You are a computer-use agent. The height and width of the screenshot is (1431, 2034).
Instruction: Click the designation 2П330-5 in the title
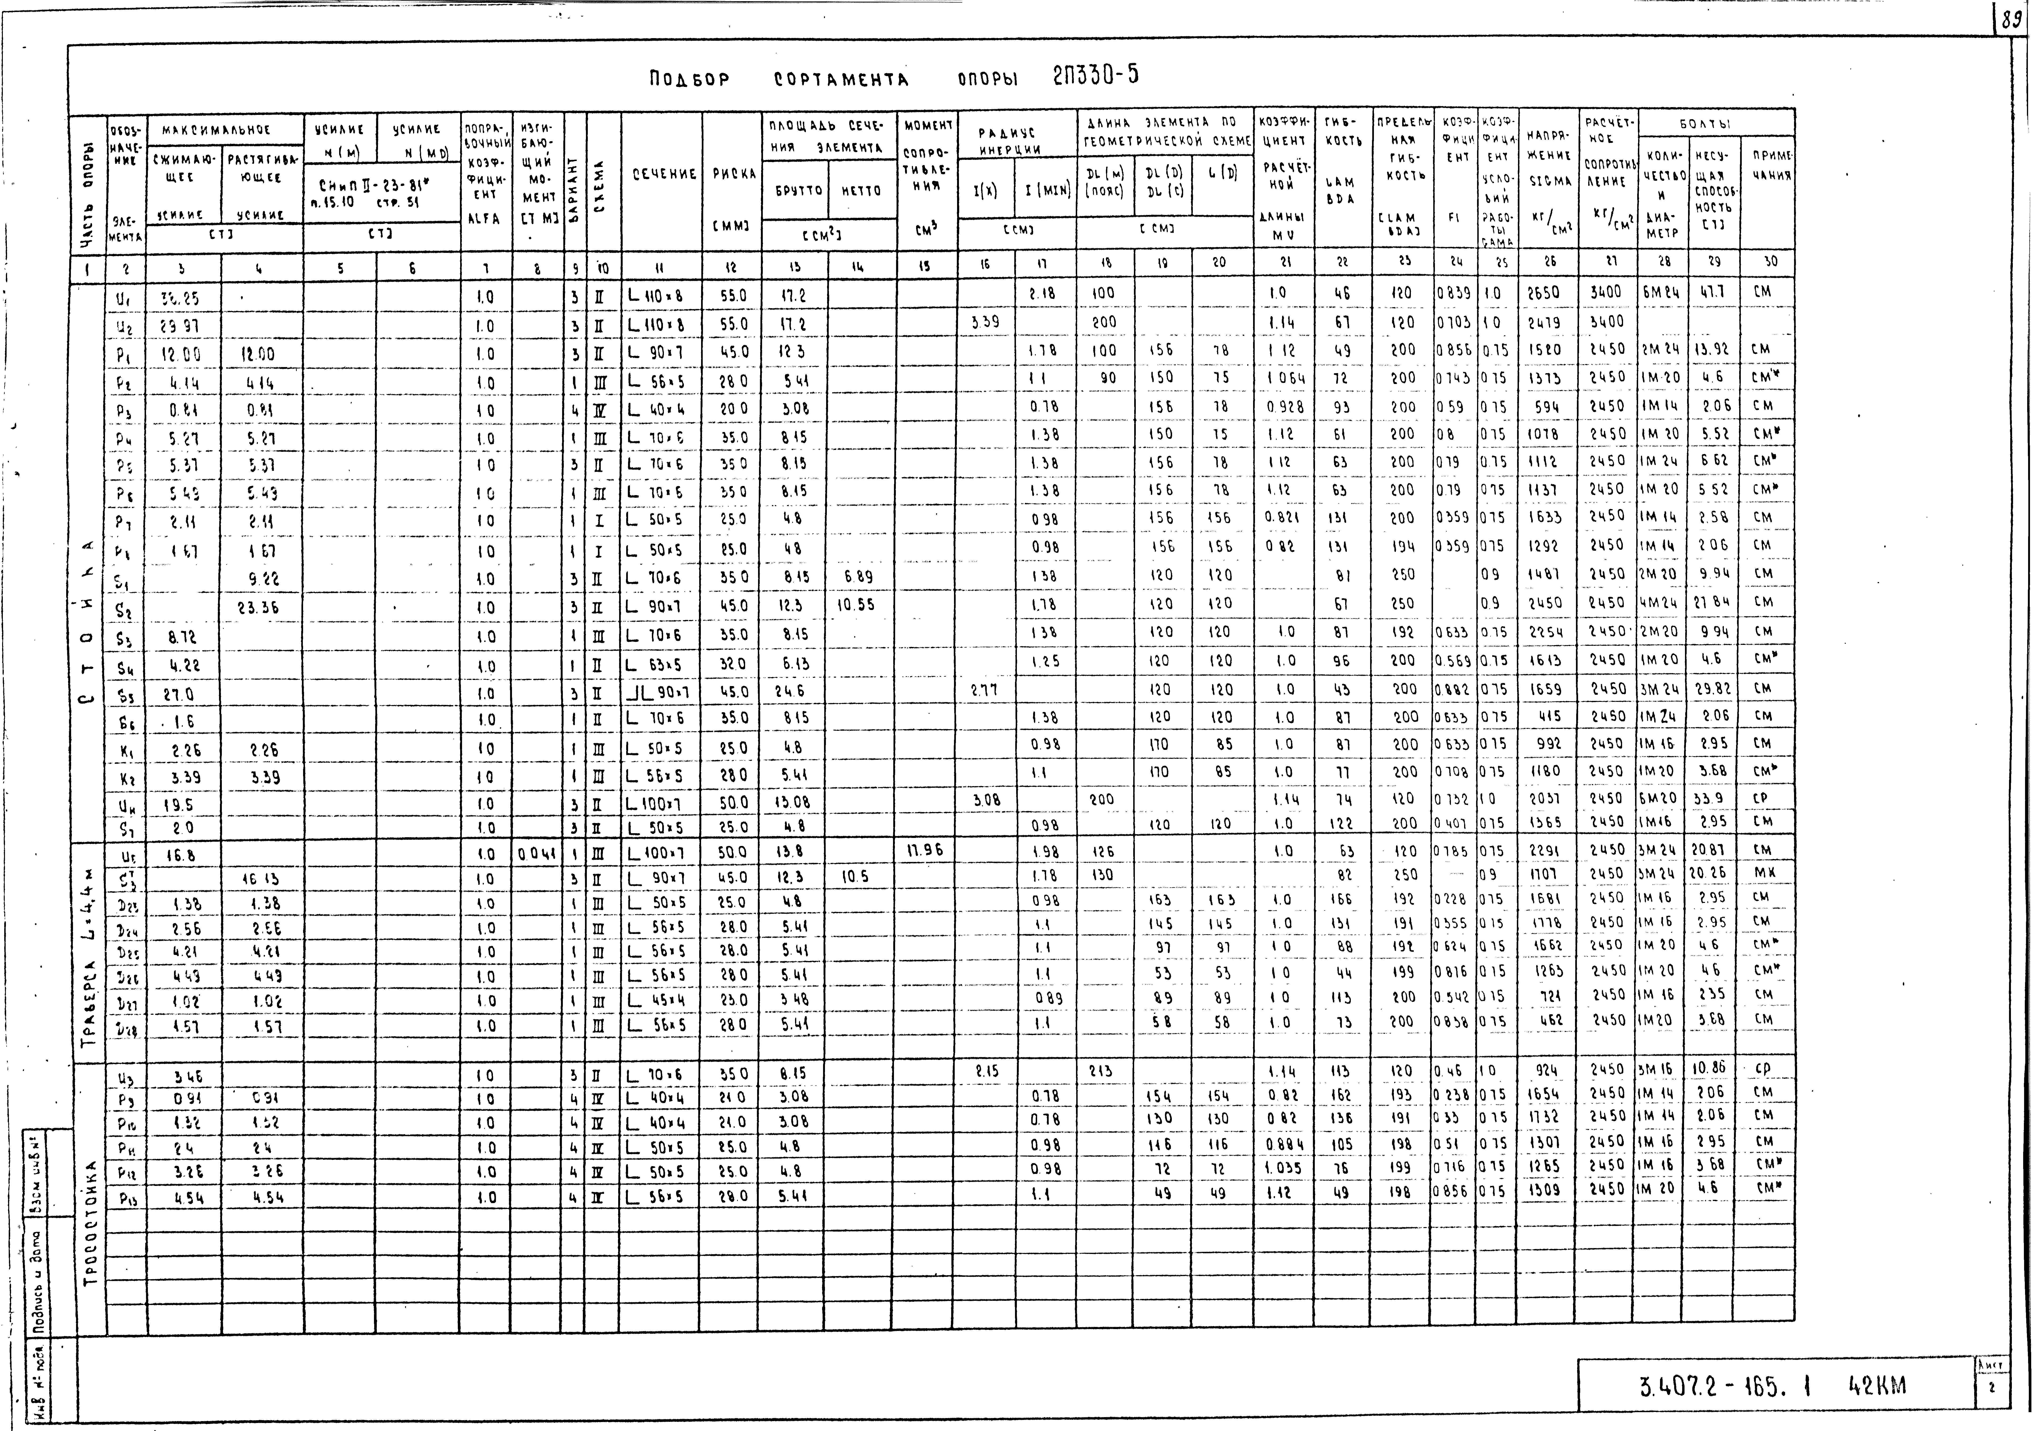point(1095,76)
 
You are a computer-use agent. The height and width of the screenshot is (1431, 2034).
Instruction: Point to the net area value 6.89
point(856,577)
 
